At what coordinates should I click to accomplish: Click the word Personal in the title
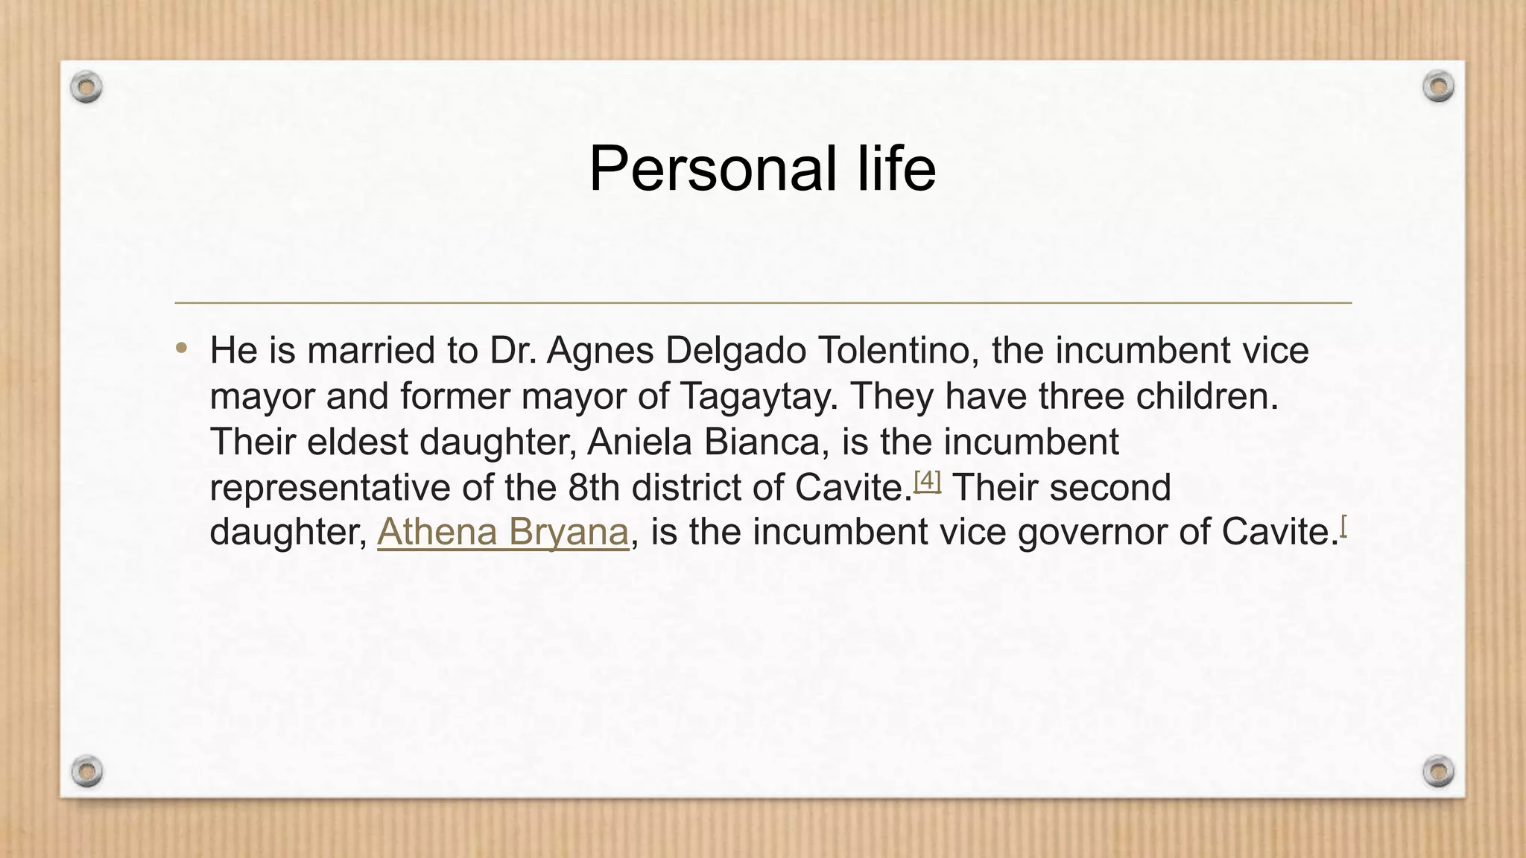point(712,169)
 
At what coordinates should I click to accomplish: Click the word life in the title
point(896,169)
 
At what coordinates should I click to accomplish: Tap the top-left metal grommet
point(86,87)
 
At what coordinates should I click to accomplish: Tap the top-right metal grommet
point(1438,86)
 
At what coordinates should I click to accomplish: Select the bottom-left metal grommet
point(87,771)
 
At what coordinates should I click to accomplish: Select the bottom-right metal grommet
point(1438,771)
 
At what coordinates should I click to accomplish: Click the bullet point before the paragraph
point(182,348)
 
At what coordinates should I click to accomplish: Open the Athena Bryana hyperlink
point(503,533)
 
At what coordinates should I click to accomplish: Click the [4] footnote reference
point(928,481)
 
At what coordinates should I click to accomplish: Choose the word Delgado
point(735,351)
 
